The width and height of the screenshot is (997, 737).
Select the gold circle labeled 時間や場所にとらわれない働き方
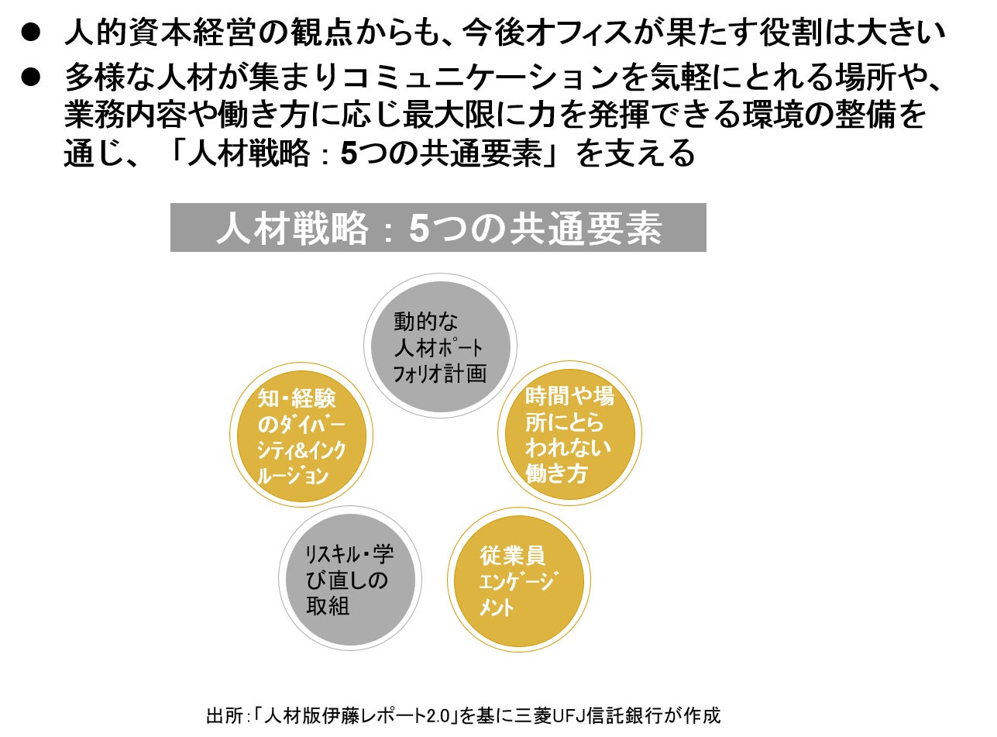point(569,434)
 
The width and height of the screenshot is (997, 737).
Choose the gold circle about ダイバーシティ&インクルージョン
point(301,435)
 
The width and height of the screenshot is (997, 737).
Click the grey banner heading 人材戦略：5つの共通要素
point(438,228)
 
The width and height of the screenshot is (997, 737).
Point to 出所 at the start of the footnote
point(220,715)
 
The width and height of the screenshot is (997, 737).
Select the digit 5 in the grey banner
point(418,229)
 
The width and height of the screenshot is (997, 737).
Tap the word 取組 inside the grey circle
point(328,605)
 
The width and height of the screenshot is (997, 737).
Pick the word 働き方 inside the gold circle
point(556,473)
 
